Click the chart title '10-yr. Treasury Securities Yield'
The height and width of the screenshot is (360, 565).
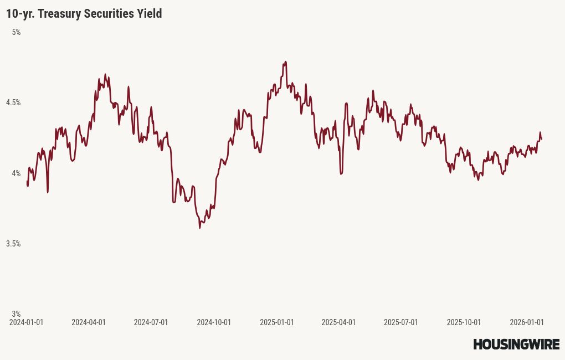click(84, 14)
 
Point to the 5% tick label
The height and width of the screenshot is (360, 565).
click(16, 32)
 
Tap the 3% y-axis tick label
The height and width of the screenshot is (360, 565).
click(16, 314)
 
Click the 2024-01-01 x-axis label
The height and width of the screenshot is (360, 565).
click(27, 322)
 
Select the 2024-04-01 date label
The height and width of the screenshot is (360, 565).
click(89, 322)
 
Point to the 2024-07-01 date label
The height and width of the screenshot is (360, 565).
click(151, 322)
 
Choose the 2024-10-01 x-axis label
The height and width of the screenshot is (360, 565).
click(214, 322)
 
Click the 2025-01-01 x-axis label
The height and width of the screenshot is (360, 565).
click(276, 322)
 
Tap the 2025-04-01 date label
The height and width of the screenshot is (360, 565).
click(338, 322)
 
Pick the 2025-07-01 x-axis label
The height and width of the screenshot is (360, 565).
click(401, 322)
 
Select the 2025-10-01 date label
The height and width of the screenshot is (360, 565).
click(464, 322)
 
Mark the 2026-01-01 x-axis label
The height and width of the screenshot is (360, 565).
click(527, 322)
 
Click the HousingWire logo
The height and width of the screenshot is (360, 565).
click(516, 344)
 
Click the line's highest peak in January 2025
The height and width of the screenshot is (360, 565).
click(285, 61)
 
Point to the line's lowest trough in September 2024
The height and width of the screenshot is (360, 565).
click(200, 228)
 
